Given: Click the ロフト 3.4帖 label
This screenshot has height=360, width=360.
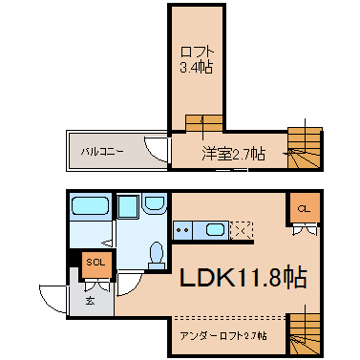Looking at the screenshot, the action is click(x=197, y=60).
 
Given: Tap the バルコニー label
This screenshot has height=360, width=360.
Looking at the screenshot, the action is click(x=101, y=152).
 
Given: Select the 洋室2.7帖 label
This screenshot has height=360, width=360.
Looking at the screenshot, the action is click(x=233, y=154).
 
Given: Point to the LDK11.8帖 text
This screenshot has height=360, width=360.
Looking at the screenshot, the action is click(x=244, y=277).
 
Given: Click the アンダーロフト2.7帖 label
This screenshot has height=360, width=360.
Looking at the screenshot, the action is click(x=223, y=336).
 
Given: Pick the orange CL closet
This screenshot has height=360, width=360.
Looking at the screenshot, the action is click(x=304, y=209).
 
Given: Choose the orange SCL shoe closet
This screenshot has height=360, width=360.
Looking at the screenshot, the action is click(x=96, y=264).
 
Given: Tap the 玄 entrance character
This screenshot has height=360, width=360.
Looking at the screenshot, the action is click(x=90, y=300).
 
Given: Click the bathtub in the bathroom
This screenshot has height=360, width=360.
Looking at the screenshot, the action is click(x=91, y=206).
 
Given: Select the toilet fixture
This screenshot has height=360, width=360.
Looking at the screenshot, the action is click(x=157, y=255).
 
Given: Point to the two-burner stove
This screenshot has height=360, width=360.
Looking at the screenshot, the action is click(x=182, y=230).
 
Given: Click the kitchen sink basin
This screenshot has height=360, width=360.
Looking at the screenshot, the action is click(x=216, y=229).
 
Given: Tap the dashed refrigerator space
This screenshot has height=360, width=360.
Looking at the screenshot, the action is click(x=242, y=230).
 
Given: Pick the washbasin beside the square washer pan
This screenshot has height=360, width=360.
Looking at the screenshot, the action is click(x=155, y=203).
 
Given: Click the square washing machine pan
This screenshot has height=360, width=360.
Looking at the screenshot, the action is click(x=128, y=207).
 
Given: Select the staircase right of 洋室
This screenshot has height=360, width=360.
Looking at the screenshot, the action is click(x=305, y=148).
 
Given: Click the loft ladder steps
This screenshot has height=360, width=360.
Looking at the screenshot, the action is click(x=204, y=123).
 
